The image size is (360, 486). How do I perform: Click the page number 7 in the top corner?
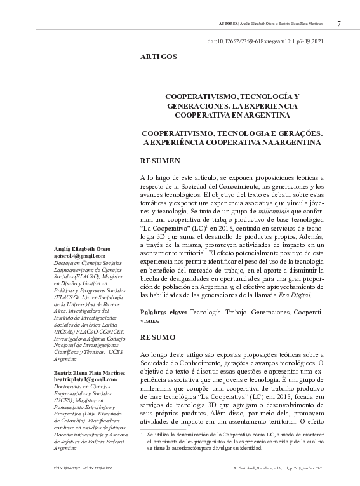click(339, 24)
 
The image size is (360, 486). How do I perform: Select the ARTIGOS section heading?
click(159, 57)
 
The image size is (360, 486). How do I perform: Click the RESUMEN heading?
click(161, 161)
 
